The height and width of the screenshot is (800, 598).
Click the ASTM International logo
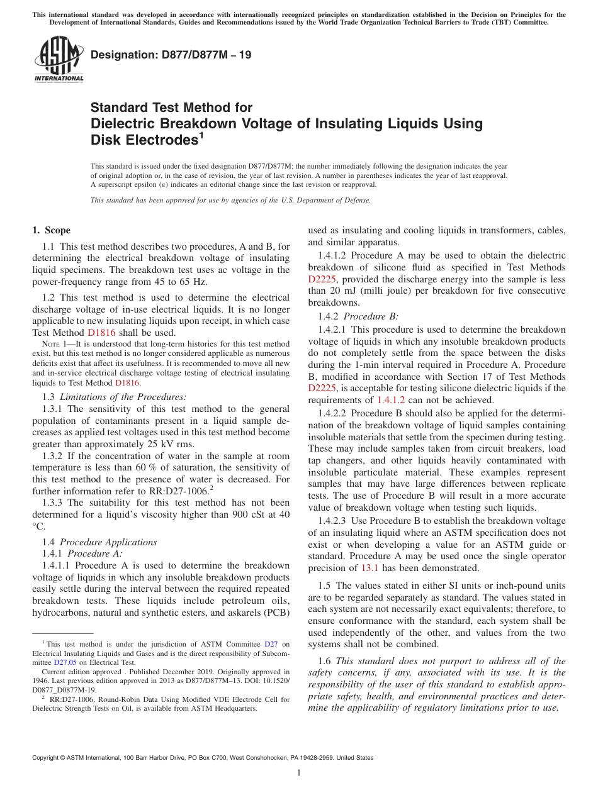point(59,58)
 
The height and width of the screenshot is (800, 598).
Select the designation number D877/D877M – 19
point(171,55)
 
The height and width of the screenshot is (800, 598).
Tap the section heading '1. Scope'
point(52,230)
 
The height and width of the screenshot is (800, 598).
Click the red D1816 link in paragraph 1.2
point(101,333)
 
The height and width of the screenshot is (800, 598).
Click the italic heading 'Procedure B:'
point(371,316)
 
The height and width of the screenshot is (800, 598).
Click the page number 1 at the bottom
point(299,773)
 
